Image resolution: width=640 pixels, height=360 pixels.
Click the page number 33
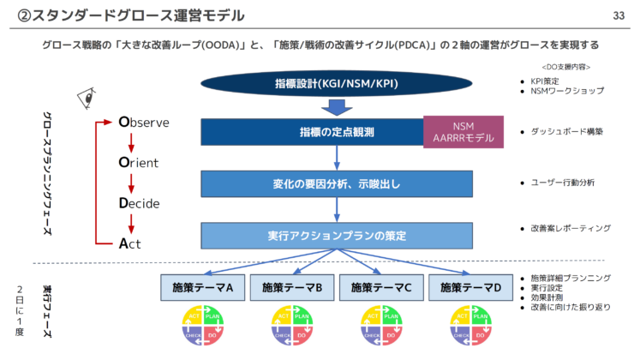point(619,15)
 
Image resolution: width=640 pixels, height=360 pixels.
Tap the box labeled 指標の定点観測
point(313,132)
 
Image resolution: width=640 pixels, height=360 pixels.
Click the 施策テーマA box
point(202,288)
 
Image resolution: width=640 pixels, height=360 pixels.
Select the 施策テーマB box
point(291,288)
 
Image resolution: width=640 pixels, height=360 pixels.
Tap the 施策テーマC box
point(380,288)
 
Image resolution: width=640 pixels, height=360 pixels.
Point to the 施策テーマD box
point(470,288)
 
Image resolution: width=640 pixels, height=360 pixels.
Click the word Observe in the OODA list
point(144,123)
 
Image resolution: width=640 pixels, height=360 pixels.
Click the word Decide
point(139,203)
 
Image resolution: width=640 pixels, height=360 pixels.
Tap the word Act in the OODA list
point(129,243)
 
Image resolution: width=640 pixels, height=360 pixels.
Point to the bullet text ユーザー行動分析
point(563,183)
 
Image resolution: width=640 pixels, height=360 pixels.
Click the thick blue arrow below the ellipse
point(335,107)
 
